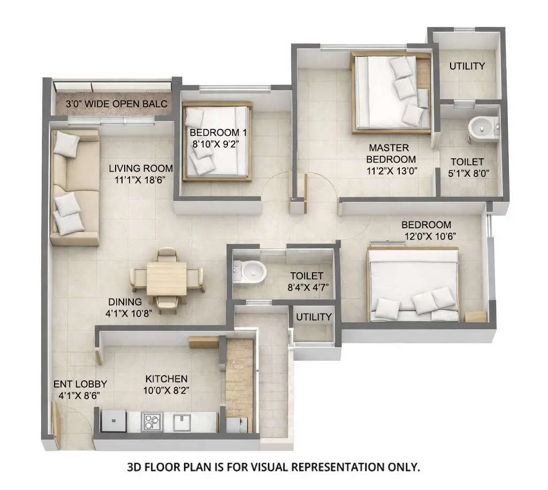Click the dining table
click(x=166, y=278)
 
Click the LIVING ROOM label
click(x=141, y=169)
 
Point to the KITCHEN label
click(x=166, y=379)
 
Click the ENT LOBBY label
click(x=80, y=384)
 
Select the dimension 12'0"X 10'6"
click(x=430, y=235)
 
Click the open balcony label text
click(x=117, y=104)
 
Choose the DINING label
click(x=125, y=302)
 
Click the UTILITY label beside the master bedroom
click(x=467, y=66)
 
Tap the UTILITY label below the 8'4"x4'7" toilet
click(x=314, y=317)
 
